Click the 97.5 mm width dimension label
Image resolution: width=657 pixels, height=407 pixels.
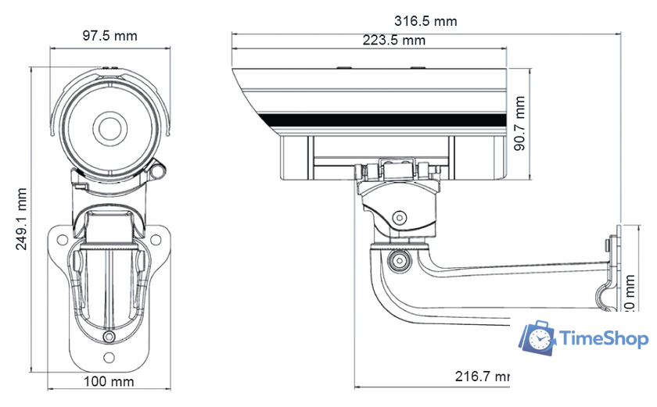[109, 36]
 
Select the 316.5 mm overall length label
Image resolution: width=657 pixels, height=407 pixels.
[425, 21]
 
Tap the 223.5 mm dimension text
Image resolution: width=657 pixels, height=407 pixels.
[393, 40]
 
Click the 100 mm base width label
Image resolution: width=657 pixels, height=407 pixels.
[109, 381]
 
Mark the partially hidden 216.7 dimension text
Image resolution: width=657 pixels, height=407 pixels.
[482, 376]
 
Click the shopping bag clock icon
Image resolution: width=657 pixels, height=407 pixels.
[539, 337]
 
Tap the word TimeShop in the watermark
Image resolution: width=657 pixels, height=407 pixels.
[604, 339]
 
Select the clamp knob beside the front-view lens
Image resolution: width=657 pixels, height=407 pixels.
[159, 169]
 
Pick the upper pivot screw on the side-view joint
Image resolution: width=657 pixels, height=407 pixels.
[400, 218]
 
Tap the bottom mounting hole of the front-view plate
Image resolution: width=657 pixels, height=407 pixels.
[109, 358]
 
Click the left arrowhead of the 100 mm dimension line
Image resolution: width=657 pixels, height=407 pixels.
[52, 388]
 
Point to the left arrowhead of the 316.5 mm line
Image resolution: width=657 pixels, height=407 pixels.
[234, 33]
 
